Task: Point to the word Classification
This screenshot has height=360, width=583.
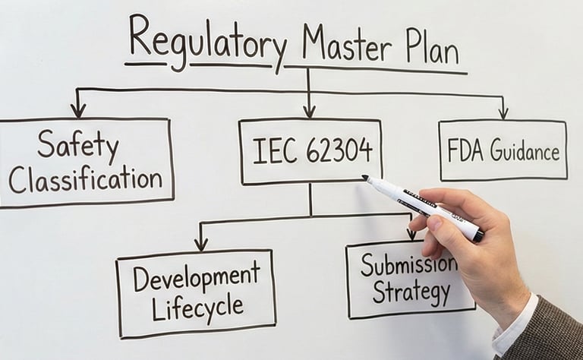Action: [85, 178]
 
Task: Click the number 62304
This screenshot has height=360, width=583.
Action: [339, 150]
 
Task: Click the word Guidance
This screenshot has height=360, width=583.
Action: [525, 151]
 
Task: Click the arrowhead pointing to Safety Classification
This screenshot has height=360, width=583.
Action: [77, 111]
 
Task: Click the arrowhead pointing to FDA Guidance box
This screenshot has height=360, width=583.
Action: [503, 112]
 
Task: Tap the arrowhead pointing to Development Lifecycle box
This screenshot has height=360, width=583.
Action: [200, 244]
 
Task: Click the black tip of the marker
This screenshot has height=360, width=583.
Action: [365, 178]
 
